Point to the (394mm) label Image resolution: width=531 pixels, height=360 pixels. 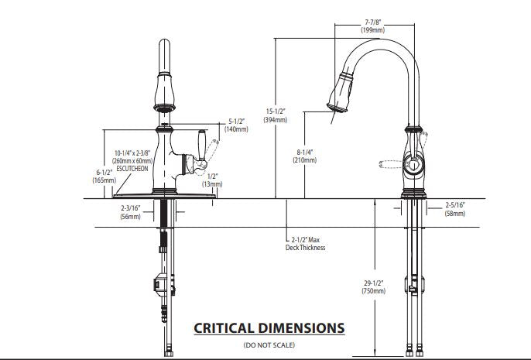point(276,119)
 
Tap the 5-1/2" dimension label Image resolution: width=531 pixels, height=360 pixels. point(237,121)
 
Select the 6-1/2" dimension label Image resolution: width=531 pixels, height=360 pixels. point(104,171)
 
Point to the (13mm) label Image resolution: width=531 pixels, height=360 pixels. point(211,184)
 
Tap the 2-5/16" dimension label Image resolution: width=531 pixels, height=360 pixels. point(455,205)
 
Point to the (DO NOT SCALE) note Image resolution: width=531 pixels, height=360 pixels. point(269,344)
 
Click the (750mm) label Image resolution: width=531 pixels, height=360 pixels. point(373,291)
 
